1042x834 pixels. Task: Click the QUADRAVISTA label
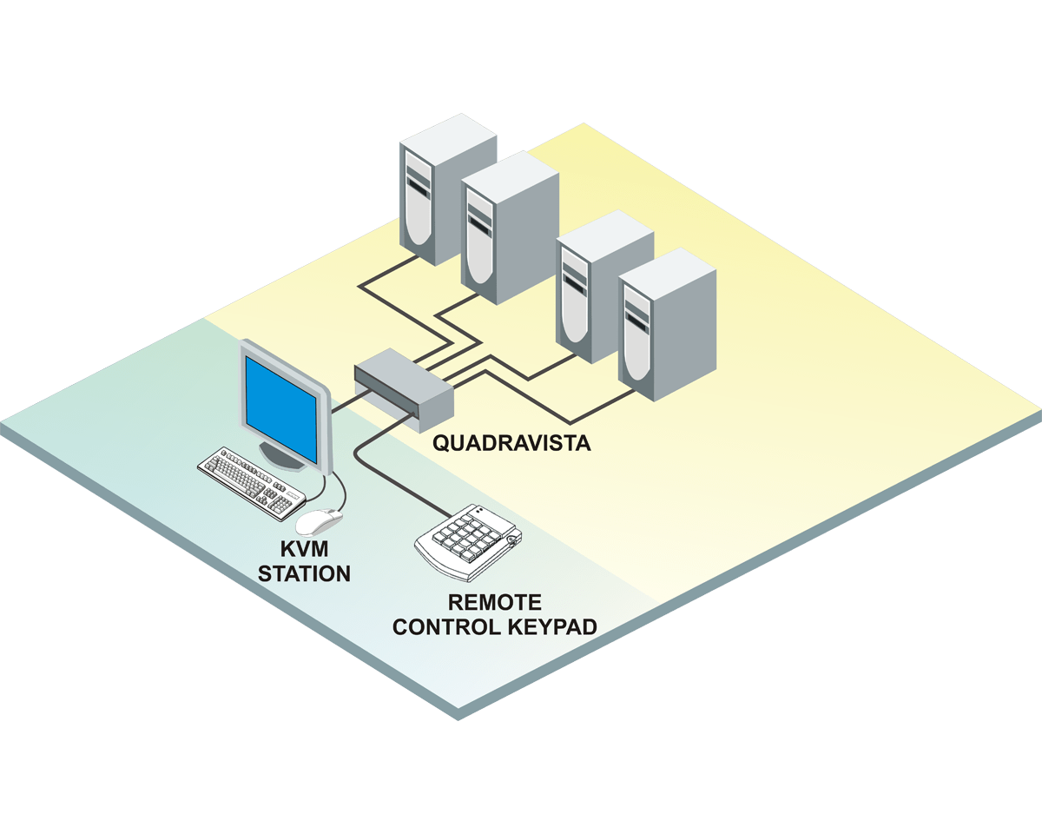(x=511, y=443)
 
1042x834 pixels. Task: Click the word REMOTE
(x=494, y=602)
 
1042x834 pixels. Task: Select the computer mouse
(x=318, y=520)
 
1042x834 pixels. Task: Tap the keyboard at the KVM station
(x=252, y=482)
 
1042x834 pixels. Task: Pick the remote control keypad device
(x=469, y=541)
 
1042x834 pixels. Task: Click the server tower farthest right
(x=667, y=326)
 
